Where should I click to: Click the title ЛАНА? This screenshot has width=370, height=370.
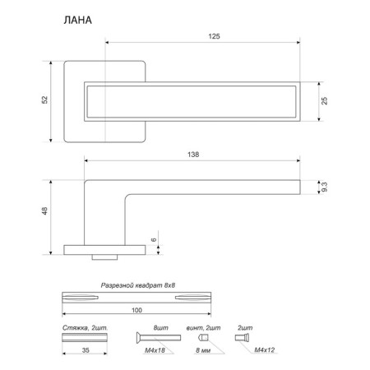pos(78,21)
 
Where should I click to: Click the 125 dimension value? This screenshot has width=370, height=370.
pos(214,36)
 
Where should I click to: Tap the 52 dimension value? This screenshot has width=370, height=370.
pos(44,99)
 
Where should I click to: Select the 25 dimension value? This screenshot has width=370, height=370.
pos(324,101)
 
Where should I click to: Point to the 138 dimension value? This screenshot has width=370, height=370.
pos(193,155)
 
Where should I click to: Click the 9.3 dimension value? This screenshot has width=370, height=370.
pos(325,187)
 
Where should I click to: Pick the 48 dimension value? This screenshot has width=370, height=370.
pos(44,211)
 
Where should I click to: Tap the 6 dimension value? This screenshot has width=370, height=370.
pos(154,239)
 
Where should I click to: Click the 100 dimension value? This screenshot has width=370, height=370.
pos(136,310)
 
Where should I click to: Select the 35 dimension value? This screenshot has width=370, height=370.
pos(86,350)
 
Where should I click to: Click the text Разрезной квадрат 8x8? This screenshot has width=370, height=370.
pos(138,285)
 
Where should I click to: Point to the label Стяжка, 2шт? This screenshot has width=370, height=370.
pos(85,328)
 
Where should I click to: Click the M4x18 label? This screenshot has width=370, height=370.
pos(155,350)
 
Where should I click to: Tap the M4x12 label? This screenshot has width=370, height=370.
pos(265,350)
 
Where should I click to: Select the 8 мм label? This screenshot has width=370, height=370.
pos(203,350)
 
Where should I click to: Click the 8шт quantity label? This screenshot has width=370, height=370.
pos(161,328)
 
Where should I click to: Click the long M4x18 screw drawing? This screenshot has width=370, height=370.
pos(159,338)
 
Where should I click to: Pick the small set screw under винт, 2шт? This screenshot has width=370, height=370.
pos(204,338)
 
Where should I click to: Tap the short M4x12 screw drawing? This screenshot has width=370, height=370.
pos(243,338)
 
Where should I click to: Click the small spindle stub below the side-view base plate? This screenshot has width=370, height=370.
pos(104,257)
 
